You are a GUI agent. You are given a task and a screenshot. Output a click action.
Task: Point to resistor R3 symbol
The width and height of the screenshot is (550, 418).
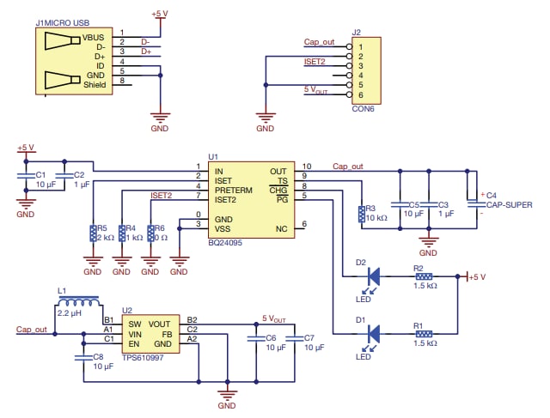click(360, 215)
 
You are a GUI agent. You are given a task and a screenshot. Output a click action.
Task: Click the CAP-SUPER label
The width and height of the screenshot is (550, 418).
click(510, 205)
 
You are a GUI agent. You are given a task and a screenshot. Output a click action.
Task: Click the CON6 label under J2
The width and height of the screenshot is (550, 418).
click(364, 109)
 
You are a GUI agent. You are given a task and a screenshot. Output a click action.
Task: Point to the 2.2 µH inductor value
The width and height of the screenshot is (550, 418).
click(70, 314)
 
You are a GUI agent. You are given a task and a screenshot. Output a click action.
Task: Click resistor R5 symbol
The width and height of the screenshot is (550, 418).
click(92, 233)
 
